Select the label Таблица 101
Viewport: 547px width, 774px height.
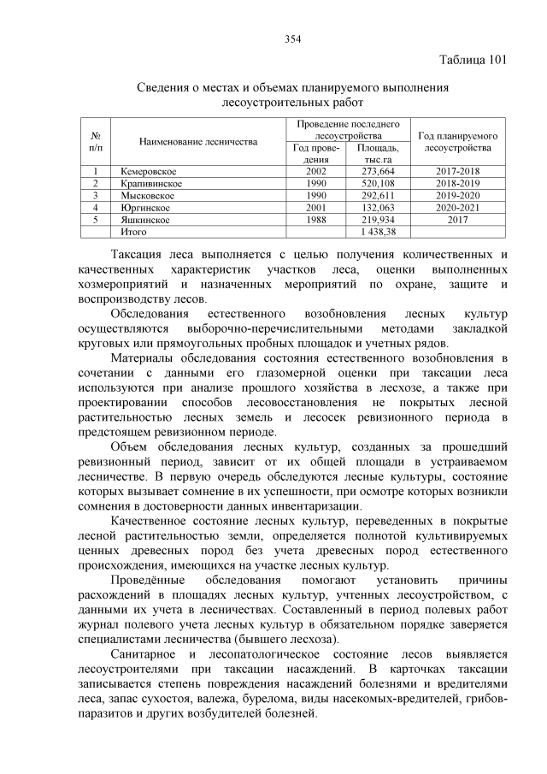click(x=473, y=60)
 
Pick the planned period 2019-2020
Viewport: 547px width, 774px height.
click(x=457, y=196)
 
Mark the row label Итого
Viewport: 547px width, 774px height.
click(x=134, y=232)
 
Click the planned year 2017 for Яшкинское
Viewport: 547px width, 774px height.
click(x=457, y=220)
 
